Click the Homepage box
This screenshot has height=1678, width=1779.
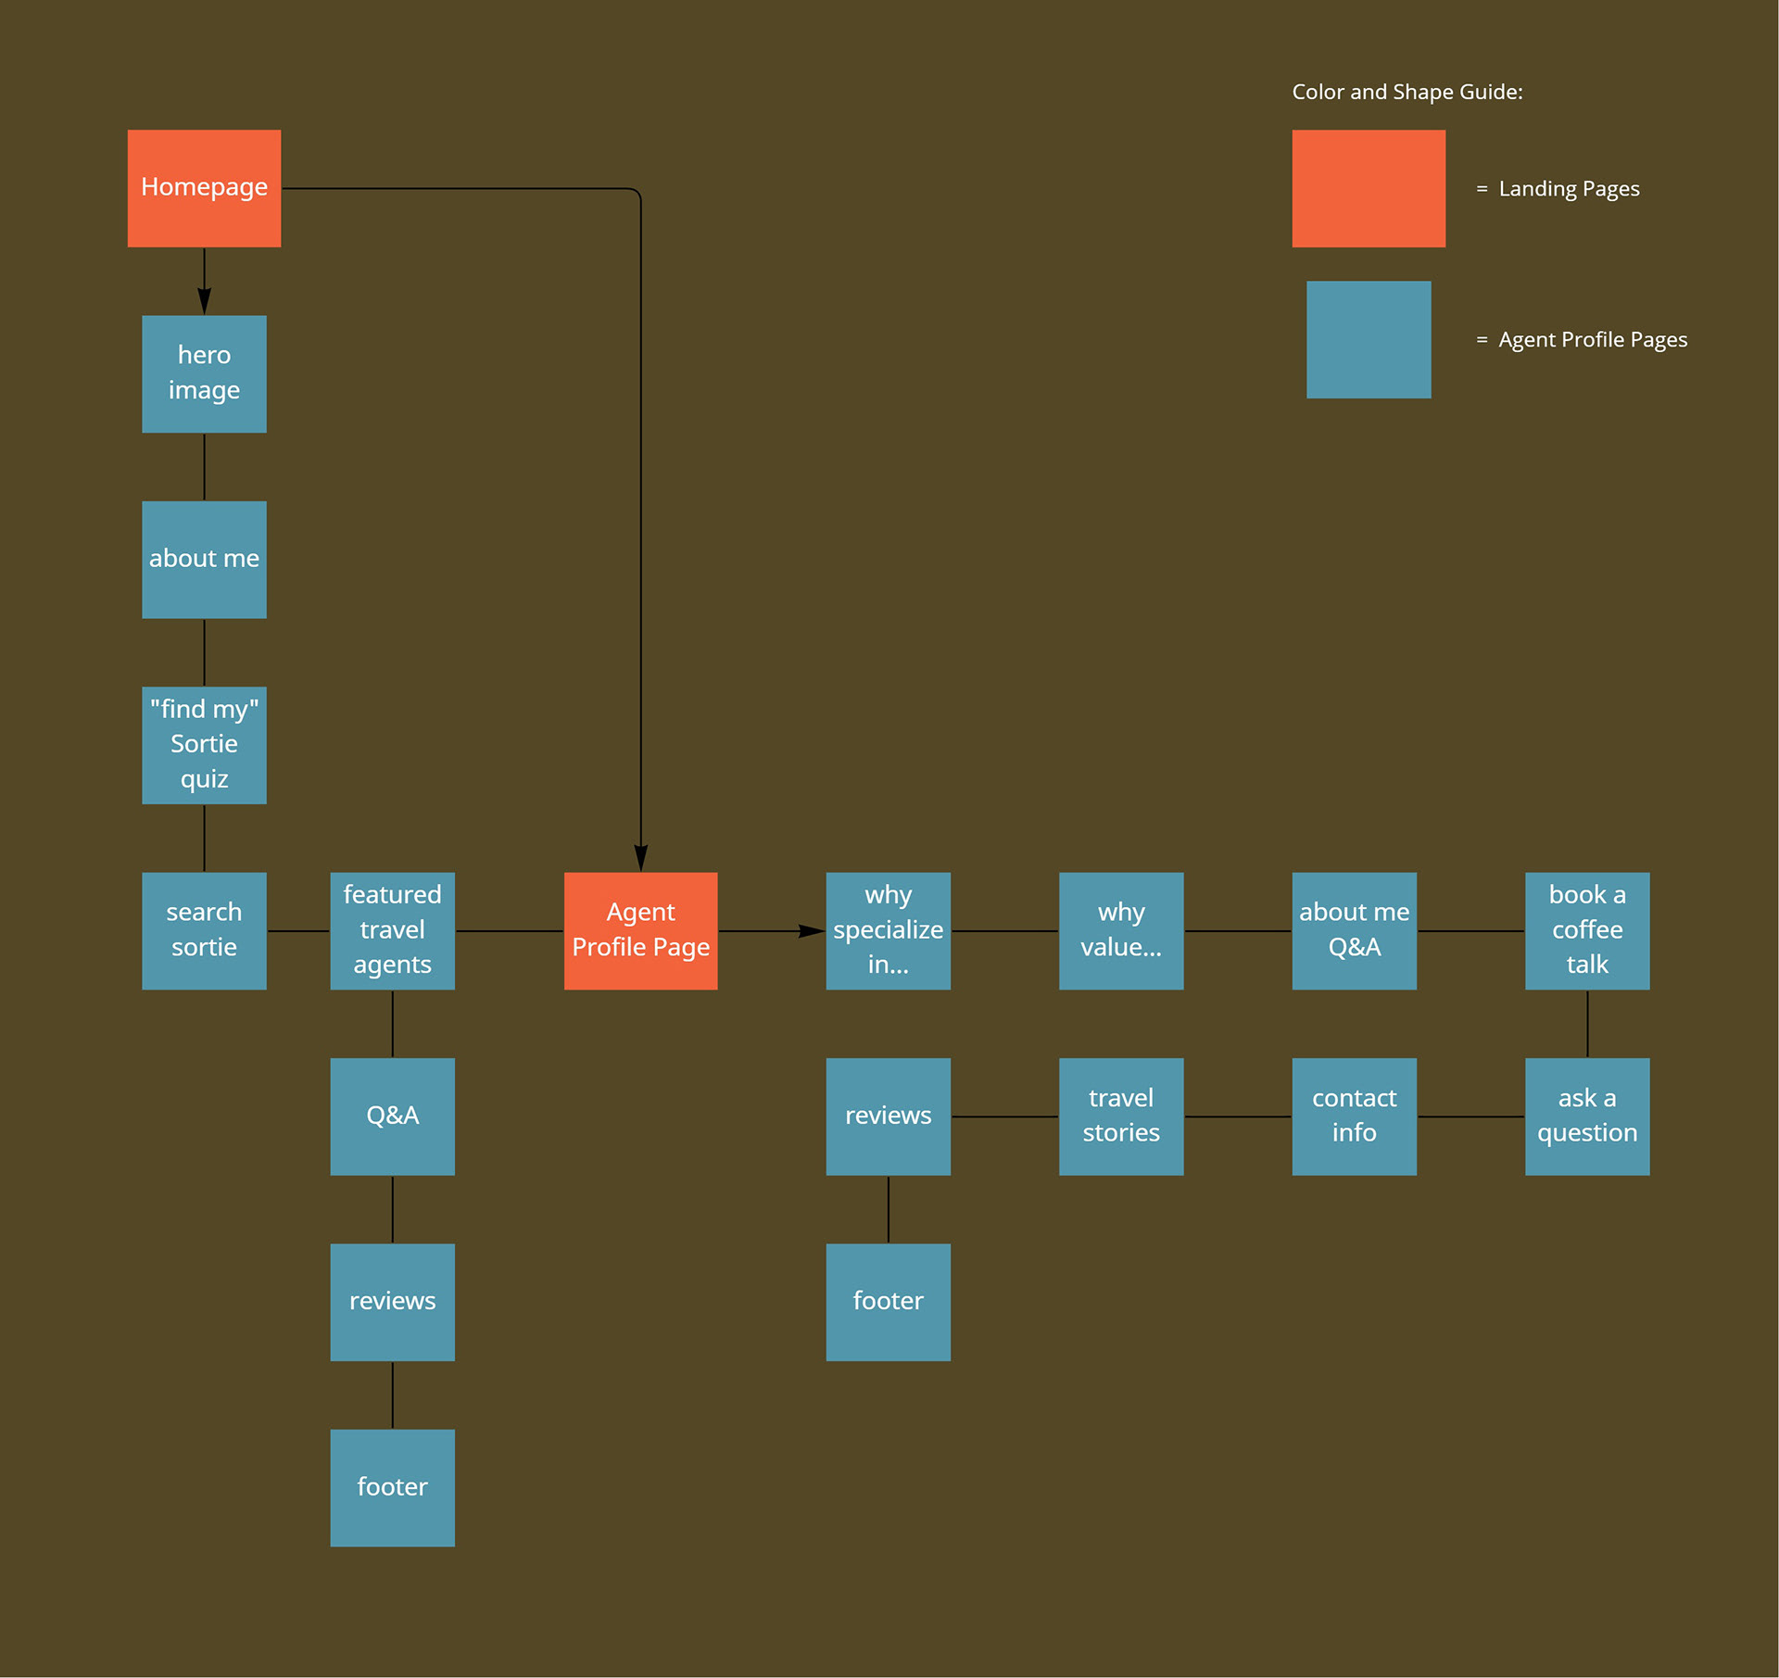[x=204, y=188]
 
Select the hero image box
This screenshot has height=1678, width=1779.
[x=204, y=373]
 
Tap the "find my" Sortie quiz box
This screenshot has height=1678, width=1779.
[x=204, y=745]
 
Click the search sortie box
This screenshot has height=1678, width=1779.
[x=204, y=930]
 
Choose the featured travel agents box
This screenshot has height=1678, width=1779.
[x=392, y=930]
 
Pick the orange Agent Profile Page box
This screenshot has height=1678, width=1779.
[x=640, y=930]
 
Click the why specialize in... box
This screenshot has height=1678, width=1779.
[x=888, y=930]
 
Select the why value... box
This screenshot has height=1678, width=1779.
[x=1121, y=930]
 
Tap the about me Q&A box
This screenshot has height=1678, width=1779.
[x=1354, y=930]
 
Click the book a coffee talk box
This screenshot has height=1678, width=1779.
[x=1587, y=930]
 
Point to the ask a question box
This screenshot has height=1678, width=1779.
[x=1587, y=1117]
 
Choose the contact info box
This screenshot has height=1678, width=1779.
[x=1354, y=1117]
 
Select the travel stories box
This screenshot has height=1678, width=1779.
[x=1121, y=1117]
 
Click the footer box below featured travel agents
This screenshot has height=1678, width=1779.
[x=392, y=1487]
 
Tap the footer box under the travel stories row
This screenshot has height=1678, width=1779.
[x=888, y=1302]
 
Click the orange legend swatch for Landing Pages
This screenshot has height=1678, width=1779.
[x=1369, y=188]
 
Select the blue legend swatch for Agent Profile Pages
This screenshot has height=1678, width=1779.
[x=1369, y=339]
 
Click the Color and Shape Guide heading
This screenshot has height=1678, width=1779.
[x=1407, y=92]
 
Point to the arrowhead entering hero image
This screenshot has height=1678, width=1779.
[x=204, y=302]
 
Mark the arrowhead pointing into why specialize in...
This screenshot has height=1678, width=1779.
[x=812, y=930]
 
